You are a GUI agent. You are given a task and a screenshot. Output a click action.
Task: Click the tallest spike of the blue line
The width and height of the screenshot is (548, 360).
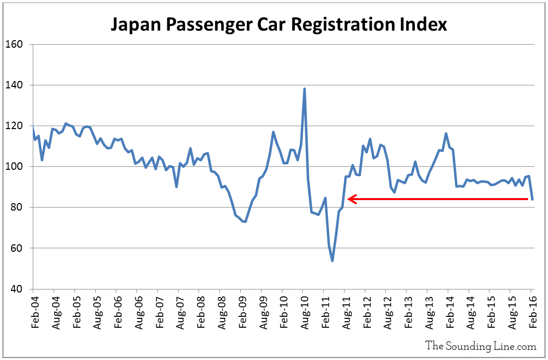(304, 89)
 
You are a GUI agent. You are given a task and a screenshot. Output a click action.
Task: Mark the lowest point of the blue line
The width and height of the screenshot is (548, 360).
(332, 261)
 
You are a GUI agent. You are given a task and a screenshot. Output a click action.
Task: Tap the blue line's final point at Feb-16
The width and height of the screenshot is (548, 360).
(532, 199)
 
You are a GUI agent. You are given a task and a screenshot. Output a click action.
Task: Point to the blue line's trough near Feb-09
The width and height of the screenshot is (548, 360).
(245, 221)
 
